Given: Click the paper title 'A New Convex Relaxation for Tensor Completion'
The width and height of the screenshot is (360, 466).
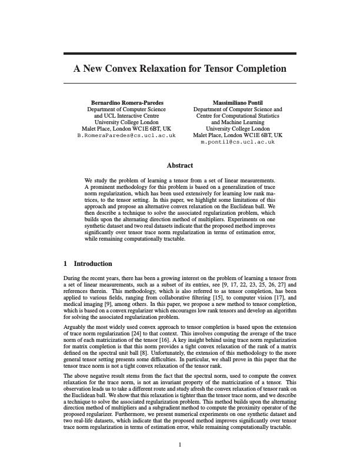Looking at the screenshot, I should point(179,69).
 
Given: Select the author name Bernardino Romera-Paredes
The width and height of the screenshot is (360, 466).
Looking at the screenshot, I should point(126,102).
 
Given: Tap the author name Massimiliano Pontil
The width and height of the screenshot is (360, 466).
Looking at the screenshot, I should point(238,102).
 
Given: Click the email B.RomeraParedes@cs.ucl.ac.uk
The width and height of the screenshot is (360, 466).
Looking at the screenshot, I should point(126,135).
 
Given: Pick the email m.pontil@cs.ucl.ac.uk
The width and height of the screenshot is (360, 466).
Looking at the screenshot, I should point(238,142).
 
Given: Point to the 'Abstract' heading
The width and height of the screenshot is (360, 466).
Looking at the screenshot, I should point(179,166).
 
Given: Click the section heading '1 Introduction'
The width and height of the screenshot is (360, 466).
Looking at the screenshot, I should point(88,264).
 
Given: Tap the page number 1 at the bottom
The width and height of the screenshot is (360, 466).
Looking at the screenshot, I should point(180,444).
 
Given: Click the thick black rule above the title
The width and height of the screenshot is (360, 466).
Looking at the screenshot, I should point(179,54).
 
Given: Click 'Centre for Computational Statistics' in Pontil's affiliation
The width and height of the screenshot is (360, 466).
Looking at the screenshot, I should point(238,116).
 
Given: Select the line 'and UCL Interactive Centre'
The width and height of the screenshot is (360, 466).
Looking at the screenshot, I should point(126,116).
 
